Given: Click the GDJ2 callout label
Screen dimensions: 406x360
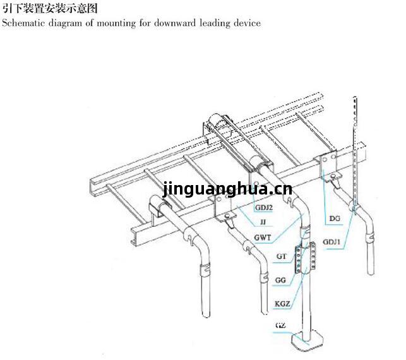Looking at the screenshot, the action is [x=263, y=207].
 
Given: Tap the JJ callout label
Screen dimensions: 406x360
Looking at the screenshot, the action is [x=263, y=222].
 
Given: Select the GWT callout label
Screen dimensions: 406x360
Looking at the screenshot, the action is [x=263, y=237].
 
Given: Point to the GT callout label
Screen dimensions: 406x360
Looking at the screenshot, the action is [x=281, y=256].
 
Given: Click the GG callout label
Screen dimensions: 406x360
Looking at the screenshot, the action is [x=280, y=280].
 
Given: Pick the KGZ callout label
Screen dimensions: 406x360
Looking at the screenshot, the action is [x=282, y=303].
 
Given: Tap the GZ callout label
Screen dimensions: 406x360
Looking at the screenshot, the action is [x=281, y=325].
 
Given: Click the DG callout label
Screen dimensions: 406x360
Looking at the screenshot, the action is [x=335, y=219].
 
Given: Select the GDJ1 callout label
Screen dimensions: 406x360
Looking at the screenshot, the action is [x=331, y=242].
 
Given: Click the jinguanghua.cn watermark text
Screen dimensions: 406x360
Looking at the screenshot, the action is [x=227, y=189].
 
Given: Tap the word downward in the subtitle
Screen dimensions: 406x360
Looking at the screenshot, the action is [x=175, y=23].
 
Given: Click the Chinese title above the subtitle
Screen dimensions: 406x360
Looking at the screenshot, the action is [x=50, y=9].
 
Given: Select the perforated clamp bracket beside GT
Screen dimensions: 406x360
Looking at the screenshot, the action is [x=306, y=258].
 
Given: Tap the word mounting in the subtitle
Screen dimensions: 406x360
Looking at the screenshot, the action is [x=116, y=23].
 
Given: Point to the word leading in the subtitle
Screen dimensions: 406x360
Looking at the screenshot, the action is [x=215, y=23].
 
